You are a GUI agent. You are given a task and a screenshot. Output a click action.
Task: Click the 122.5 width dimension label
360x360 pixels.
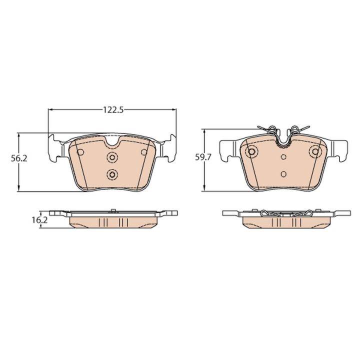pos(113,110)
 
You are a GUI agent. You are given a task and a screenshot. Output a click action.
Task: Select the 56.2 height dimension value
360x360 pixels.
pos(19,158)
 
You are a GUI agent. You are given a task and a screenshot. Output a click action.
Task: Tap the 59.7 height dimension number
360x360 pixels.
pos(203,157)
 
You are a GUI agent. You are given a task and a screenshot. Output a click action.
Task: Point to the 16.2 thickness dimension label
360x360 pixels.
pos(39,220)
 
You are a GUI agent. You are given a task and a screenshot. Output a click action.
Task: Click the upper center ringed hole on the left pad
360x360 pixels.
pos(112,157)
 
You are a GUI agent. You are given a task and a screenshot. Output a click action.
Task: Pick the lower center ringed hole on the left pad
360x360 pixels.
pos(112,174)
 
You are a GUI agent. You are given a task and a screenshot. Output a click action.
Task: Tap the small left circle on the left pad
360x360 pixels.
pos(80,152)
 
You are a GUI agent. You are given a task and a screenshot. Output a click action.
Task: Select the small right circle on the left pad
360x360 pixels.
pos(144,152)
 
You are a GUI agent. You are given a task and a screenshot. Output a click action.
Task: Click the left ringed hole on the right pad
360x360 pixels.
pos(251,151)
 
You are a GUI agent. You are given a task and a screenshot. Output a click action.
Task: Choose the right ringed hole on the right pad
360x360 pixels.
pos(315,151)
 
